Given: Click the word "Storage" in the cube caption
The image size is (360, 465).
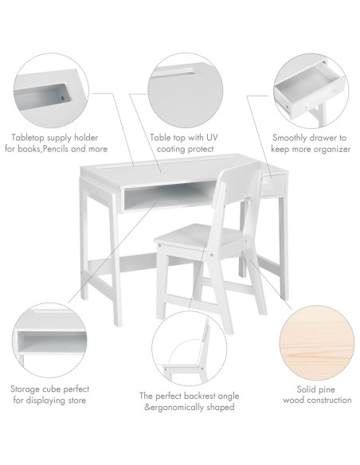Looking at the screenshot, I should click(x=29, y=389).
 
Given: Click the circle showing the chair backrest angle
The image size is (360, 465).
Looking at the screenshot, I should click(x=189, y=350).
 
